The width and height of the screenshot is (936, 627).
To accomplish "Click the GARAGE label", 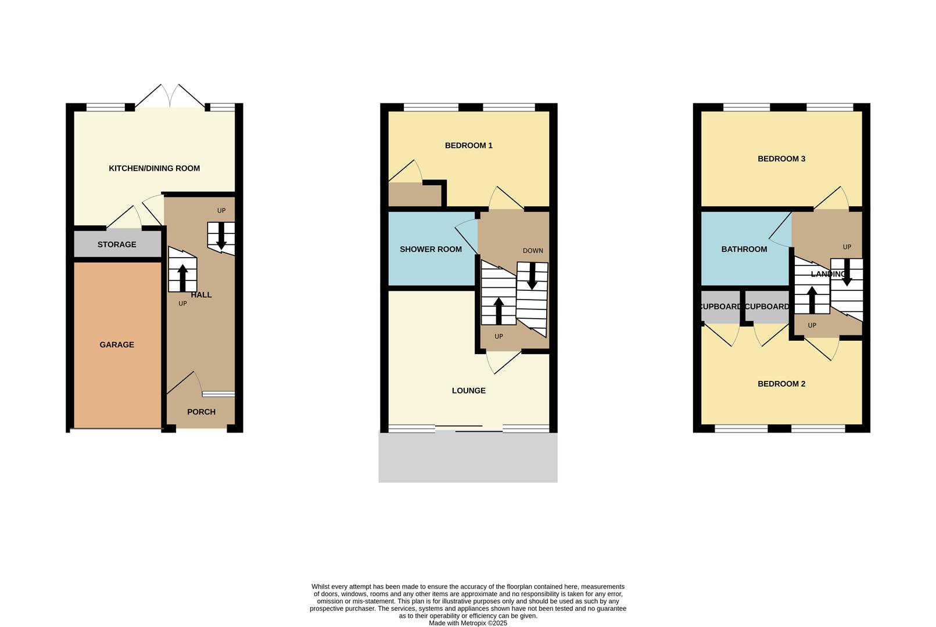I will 117,345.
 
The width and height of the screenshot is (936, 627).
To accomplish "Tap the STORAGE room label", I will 117,244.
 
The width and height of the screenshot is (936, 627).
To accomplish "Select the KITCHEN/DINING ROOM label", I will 155,168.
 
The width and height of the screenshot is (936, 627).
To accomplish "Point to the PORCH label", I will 201,412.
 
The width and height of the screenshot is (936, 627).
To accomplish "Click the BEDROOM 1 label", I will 469,146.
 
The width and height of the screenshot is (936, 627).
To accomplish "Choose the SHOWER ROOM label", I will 431,249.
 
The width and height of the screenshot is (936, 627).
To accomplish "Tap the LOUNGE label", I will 469,391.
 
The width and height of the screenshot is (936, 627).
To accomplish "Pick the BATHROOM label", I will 744,249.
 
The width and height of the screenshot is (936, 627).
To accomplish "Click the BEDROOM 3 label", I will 781,159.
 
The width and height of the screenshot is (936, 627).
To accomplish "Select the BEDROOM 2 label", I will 781,384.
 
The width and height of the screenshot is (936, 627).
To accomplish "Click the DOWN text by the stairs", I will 533,251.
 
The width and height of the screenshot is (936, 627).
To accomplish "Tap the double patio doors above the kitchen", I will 170,96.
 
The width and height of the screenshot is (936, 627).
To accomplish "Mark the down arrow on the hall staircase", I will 221,236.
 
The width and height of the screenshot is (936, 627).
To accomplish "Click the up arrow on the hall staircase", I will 182,278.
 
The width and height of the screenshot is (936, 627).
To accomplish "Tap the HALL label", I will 202,295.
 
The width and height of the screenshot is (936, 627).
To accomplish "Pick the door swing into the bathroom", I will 780,229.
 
